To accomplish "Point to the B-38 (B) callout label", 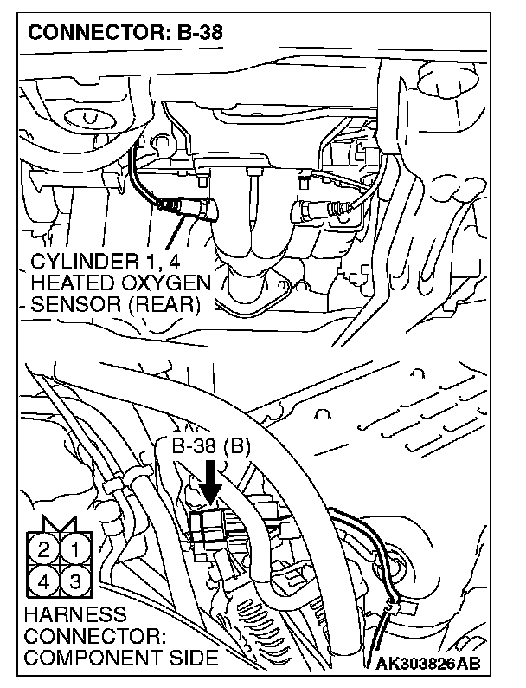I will [209, 448].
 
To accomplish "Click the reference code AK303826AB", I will [427, 665].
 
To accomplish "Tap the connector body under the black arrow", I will [210, 525].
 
